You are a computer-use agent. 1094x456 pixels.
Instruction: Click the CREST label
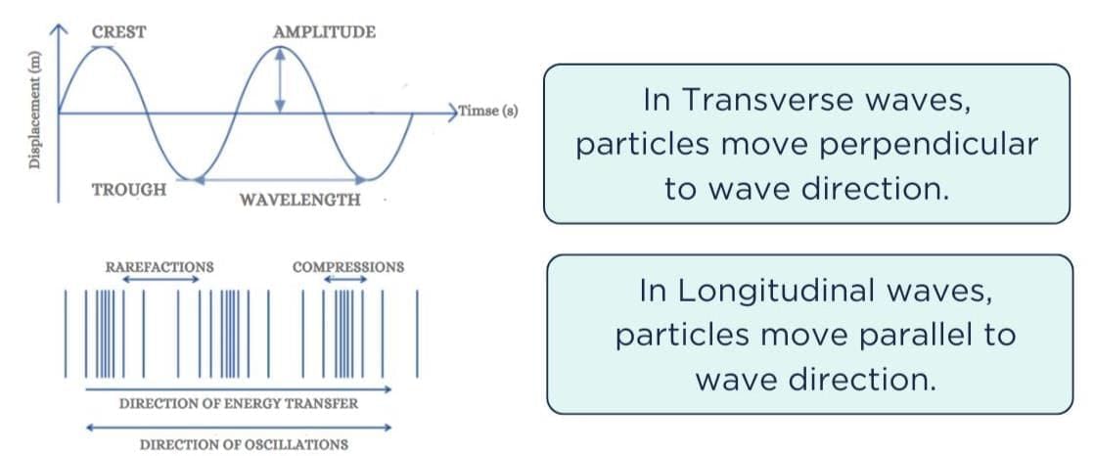[118, 32]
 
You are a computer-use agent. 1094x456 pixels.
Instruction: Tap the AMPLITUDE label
[325, 32]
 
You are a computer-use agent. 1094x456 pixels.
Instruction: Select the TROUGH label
[129, 190]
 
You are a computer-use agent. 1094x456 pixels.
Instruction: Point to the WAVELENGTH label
[300, 200]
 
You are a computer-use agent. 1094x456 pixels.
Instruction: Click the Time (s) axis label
[487, 111]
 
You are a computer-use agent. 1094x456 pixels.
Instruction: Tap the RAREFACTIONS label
[160, 267]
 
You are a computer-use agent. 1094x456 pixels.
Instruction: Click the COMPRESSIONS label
[348, 267]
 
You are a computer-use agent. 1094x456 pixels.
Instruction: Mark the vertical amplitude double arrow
[280, 79]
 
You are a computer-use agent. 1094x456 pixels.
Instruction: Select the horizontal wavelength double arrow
[280, 180]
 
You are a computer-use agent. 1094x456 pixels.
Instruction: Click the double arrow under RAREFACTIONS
[160, 280]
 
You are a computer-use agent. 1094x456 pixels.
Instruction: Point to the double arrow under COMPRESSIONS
[345, 280]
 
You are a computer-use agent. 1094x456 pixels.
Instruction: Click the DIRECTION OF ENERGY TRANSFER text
[239, 404]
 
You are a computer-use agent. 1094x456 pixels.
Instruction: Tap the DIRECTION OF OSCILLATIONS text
[245, 444]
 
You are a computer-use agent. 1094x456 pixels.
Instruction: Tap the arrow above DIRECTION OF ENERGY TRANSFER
[239, 389]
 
